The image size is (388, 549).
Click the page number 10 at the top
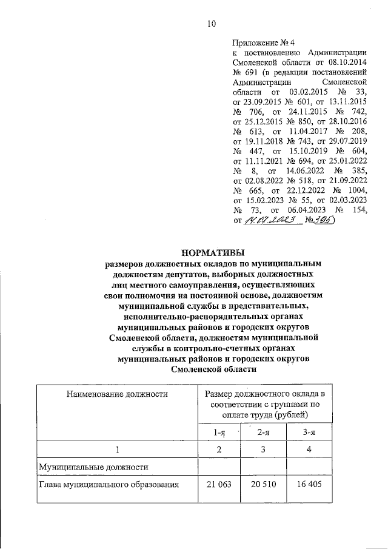212,24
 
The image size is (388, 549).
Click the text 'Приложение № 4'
263,42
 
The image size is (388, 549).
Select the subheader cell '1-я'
220,433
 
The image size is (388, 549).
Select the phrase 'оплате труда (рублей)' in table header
264,415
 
